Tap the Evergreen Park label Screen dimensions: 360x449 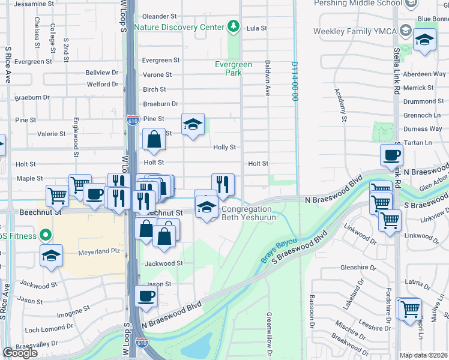pyautogui.click(x=229, y=68)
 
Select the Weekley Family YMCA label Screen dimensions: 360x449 pyautogui.click(x=354, y=31)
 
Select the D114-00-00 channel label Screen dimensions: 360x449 pyautogui.click(x=295, y=81)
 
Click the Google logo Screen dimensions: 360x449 pyautogui.click(x=20, y=352)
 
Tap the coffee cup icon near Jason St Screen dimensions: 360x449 pyautogui.click(x=146, y=295)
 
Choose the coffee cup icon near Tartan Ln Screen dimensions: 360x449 pyautogui.click(x=391, y=155)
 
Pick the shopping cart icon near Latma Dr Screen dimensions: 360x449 pyautogui.click(x=410, y=309)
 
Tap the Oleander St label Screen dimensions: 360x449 pyautogui.click(x=160, y=16)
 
